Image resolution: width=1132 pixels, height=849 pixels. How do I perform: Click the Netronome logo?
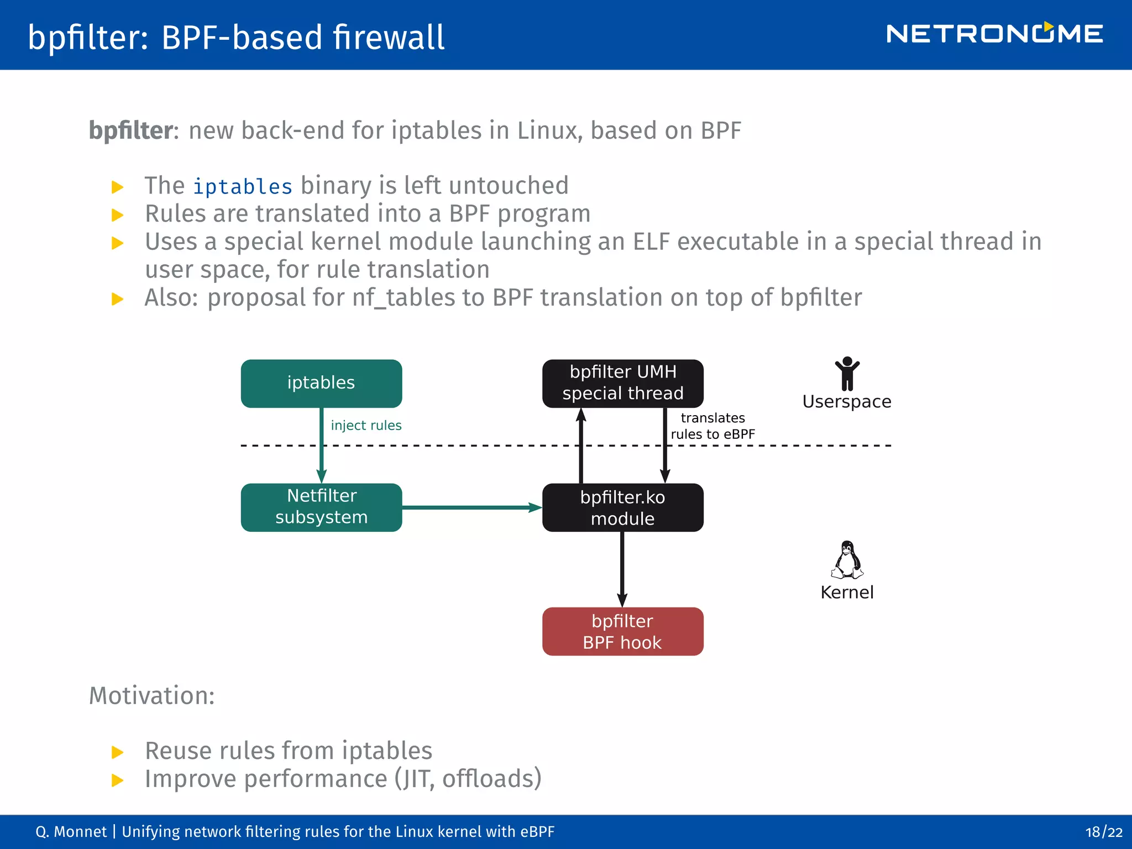pyautogui.click(x=994, y=34)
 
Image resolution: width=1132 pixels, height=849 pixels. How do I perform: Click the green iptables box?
pyautogui.click(x=321, y=383)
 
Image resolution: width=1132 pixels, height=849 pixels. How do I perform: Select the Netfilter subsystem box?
pyautogui.click(x=321, y=507)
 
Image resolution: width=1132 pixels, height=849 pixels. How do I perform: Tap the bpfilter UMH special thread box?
pyautogui.click(x=622, y=383)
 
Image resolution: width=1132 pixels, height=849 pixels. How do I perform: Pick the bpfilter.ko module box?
pyautogui.click(x=622, y=507)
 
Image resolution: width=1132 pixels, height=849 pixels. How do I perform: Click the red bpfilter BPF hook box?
pyautogui.click(x=622, y=631)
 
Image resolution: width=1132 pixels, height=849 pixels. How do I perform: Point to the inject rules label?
pyautogui.click(x=366, y=425)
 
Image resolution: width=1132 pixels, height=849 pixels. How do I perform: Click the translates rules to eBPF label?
pyautogui.click(x=712, y=426)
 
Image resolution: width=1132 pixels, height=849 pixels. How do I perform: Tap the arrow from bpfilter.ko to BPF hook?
pyautogui.click(x=622, y=569)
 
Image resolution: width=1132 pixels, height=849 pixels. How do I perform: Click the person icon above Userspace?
pyautogui.click(x=847, y=374)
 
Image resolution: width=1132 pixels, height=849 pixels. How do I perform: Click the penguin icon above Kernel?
pyautogui.click(x=847, y=559)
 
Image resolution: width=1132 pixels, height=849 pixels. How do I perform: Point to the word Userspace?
pyautogui.click(x=847, y=401)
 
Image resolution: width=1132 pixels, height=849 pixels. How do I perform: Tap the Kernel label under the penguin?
pyautogui.click(x=847, y=592)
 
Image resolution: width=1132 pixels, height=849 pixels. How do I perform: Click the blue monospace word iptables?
pyautogui.click(x=242, y=187)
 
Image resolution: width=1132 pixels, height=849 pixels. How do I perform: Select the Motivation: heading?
pyautogui.click(x=152, y=695)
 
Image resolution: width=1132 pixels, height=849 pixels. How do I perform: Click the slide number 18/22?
pyautogui.click(x=1103, y=832)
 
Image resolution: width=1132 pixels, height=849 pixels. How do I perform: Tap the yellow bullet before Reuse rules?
pyautogui.click(x=117, y=752)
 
